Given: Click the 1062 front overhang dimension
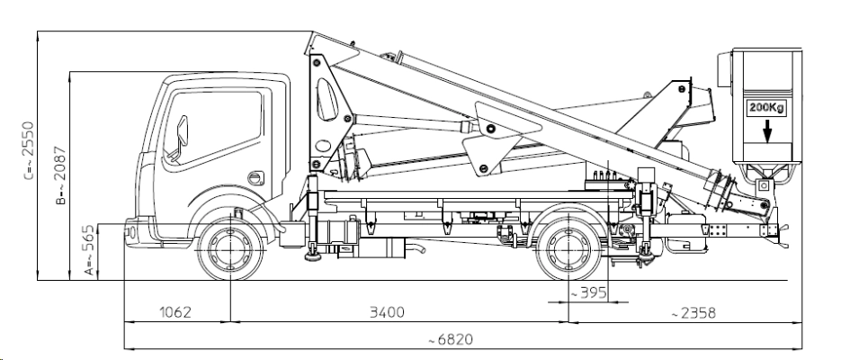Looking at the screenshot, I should pyautogui.click(x=175, y=311).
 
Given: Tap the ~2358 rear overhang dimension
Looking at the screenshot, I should pyautogui.click(x=693, y=311).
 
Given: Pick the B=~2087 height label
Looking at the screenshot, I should pyautogui.click(x=58, y=175).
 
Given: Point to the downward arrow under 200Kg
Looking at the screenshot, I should pyautogui.click(x=766, y=132).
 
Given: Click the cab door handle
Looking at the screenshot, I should pyautogui.click(x=255, y=176).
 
